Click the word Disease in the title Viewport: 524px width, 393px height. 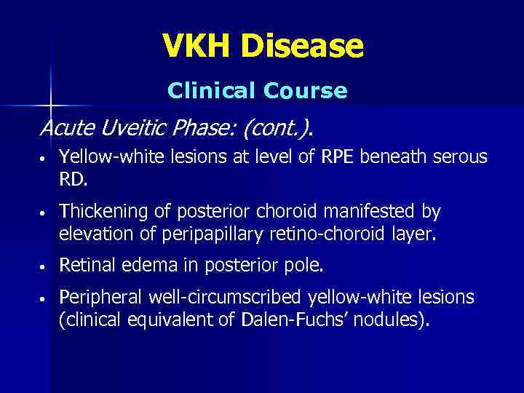click(303, 47)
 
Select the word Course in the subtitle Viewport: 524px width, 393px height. click(306, 91)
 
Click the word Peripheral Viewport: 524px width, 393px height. click(102, 298)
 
